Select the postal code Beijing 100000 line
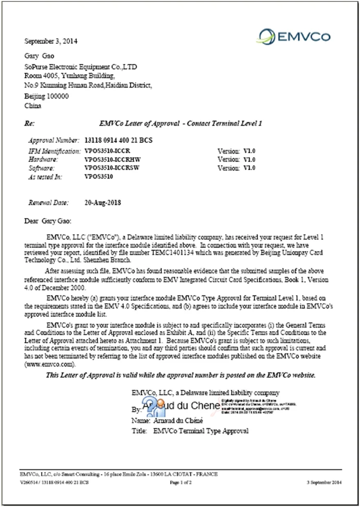point(47,96)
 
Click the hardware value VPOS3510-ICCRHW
point(112,160)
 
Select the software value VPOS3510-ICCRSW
point(111,168)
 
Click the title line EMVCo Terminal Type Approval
point(201,431)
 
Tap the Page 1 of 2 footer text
point(181,482)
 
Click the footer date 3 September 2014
point(324,482)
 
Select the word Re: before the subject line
point(29,123)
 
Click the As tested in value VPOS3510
point(99,176)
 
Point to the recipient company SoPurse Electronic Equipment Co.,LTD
point(80,67)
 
